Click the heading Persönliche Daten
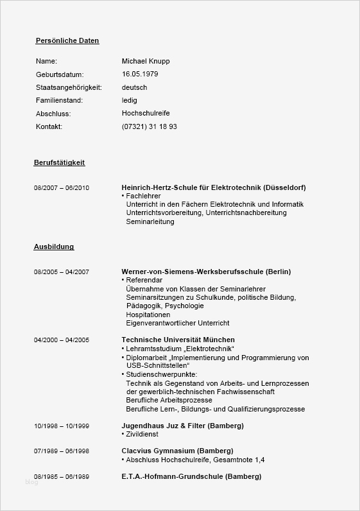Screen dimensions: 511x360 (67, 40)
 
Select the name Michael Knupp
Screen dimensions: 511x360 (146, 61)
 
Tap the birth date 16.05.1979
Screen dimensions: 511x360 (140, 74)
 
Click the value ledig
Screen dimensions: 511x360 (129, 100)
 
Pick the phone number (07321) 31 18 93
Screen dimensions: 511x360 (149, 126)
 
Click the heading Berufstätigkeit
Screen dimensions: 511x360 (59, 162)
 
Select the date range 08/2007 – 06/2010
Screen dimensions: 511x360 (62, 187)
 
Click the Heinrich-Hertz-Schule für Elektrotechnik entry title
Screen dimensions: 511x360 (214, 187)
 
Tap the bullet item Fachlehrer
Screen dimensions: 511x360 (142, 196)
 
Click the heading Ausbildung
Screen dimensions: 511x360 (54, 247)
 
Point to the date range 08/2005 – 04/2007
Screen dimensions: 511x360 (62, 272)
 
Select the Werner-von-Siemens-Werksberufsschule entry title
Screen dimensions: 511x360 (206, 272)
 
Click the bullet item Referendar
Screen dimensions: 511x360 (143, 280)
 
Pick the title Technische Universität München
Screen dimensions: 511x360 (178, 340)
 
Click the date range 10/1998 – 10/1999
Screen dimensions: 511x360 (62, 426)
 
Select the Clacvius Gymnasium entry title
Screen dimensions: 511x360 (177, 451)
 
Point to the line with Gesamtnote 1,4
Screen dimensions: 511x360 (194, 460)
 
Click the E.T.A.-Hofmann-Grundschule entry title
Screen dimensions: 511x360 (191, 476)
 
